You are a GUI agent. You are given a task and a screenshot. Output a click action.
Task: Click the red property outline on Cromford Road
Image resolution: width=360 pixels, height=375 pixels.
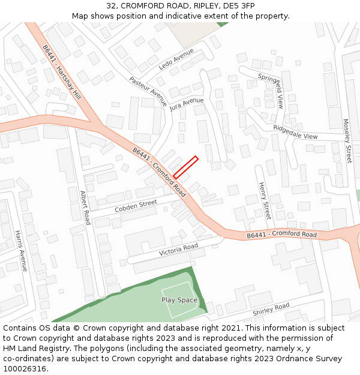coord(185,167)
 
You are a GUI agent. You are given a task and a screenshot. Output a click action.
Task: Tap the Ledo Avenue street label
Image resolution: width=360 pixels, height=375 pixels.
coord(175,59)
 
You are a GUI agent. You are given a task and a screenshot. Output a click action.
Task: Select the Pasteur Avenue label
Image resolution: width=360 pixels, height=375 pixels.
coord(148,91)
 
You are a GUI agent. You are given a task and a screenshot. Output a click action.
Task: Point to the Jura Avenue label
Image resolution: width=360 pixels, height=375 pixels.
coord(187,104)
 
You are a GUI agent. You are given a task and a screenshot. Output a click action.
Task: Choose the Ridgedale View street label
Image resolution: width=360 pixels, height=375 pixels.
coord(295,132)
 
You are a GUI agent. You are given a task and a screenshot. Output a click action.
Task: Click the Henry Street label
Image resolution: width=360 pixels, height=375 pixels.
coord(264,201)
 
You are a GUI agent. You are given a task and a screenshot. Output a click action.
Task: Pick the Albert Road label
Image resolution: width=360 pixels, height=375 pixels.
coord(85,208)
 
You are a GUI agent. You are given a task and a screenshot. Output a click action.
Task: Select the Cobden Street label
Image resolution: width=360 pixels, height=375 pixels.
coord(136,206)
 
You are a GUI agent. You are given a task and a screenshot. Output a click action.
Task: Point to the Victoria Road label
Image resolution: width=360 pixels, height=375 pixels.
coord(178,250)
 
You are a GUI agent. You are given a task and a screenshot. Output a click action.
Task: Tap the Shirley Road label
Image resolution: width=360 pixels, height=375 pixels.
coord(271,309)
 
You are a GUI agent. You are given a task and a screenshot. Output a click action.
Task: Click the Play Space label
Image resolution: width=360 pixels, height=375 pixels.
coord(179,300)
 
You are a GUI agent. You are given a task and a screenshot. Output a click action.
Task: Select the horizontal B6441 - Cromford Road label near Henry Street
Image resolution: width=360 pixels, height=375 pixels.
coord(281,235)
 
